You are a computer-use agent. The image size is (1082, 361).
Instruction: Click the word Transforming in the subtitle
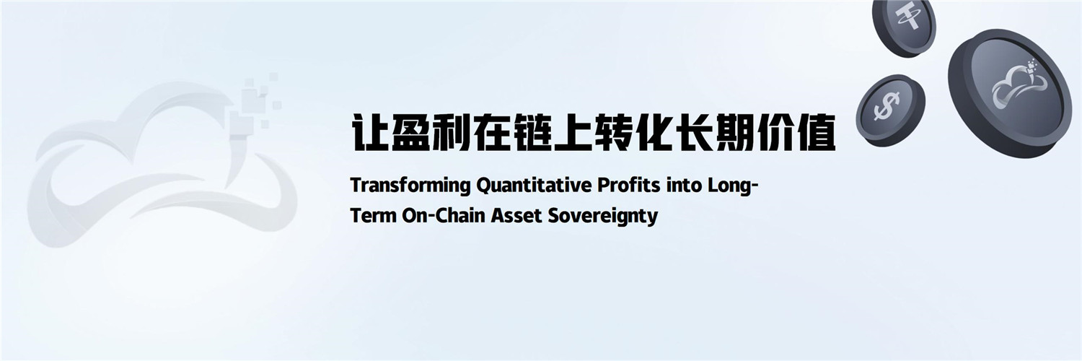[410, 186]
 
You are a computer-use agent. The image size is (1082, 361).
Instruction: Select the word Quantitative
[534, 186]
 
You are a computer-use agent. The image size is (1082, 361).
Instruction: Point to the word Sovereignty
[603, 216]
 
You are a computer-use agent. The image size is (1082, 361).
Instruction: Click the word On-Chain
[444, 215]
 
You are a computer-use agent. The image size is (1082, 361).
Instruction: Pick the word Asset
[516, 216]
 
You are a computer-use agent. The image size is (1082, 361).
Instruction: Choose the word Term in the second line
[373, 216]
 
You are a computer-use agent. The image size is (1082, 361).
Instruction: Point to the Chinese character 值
[816, 133]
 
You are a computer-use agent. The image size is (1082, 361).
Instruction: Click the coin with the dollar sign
[890, 110]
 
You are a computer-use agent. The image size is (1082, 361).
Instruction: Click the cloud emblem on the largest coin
[1019, 87]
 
